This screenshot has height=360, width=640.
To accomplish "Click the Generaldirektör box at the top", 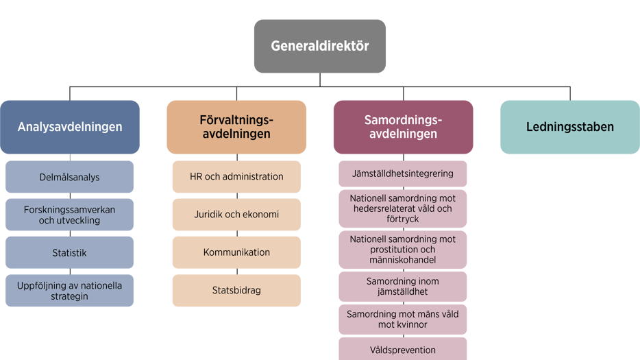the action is pos(319,46).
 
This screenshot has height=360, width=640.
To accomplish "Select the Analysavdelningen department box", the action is pos(70,127).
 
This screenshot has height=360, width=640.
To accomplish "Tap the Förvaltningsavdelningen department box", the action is pos(236,127).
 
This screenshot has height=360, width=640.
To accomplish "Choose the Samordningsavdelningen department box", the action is pos(404,127).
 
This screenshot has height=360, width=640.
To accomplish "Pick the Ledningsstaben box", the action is pos(570,127).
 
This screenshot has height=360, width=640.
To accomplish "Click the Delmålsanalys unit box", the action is pos(69,176).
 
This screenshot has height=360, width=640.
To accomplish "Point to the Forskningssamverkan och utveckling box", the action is pos(69,215).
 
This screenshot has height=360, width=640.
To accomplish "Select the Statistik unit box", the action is pos(69,252).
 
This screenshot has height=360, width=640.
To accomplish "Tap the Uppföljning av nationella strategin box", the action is pos(69,291).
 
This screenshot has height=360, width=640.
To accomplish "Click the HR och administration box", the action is pos(236,176).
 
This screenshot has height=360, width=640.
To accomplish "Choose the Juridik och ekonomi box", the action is pos(236,215).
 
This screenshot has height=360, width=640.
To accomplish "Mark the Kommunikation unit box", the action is pos(236,252).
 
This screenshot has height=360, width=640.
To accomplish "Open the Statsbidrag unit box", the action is pos(236,291).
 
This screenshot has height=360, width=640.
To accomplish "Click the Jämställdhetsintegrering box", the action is pos(402,173).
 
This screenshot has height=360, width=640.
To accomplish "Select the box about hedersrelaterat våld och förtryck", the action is pos(402,208).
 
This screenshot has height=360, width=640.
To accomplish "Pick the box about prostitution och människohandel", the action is pos(402,250).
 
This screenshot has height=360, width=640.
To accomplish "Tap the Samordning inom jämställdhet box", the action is pos(402,287).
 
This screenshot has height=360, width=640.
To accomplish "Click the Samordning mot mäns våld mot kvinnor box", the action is pos(402,320).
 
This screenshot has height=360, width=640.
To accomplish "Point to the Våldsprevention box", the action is pos(402,349).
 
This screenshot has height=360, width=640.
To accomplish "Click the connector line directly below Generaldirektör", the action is pos(320,80).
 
